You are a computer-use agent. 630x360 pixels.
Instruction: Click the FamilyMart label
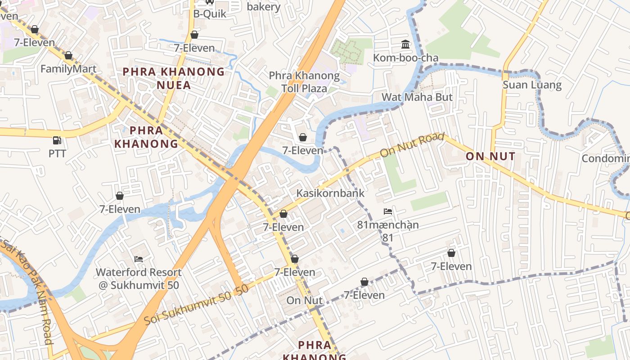click(x=68, y=69)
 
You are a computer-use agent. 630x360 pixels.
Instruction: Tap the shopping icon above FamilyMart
click(x=68, y=56)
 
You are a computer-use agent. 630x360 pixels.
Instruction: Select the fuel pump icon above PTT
click(x=57, y=140)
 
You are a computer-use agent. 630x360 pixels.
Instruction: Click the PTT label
click(x=57, y=153)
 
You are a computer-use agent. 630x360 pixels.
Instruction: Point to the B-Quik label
click(x=210, y=13)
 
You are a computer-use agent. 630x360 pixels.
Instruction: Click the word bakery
click(x=264, y=7)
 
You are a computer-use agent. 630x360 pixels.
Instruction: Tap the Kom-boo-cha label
click(x=405, y=58)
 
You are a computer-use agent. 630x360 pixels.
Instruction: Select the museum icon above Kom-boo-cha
click(x=405, y=45)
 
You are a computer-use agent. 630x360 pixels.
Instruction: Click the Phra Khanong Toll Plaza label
click(x=304, y=82)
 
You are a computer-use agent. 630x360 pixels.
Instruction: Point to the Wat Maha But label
click(x=417, y=97)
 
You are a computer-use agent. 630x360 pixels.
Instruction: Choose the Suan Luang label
click(x=532, y=85)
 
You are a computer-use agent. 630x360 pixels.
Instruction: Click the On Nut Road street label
click(x=412, y=145)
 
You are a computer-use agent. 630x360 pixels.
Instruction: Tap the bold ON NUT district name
click(x=490, y=157)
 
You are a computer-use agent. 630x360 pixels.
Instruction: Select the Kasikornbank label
click(x=330, y=193)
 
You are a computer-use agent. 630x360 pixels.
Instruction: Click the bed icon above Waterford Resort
click(x=139, y=259)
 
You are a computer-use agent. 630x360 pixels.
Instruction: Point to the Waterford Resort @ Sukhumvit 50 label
click(x=139, y=279)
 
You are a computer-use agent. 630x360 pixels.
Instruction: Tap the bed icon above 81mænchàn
click(x=388, y=211)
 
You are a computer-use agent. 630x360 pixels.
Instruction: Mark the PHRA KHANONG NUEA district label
click(x=174, y=78)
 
